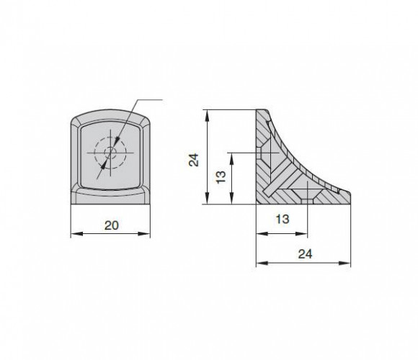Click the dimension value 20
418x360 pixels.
tap(112, 225)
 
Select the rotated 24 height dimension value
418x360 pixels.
tap(194, 160)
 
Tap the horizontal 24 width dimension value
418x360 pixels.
tap(305, 254)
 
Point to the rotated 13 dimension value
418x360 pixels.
tap(221, 177)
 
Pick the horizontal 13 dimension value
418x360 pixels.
tap(282, 219)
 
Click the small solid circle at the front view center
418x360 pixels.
tap(110, 153)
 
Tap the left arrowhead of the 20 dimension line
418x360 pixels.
tap(77, 234)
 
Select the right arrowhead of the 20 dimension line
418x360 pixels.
tap(144, 234)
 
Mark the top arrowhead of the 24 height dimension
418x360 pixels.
tap(207, 115)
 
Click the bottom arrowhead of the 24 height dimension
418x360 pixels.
tap(207, 199)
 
